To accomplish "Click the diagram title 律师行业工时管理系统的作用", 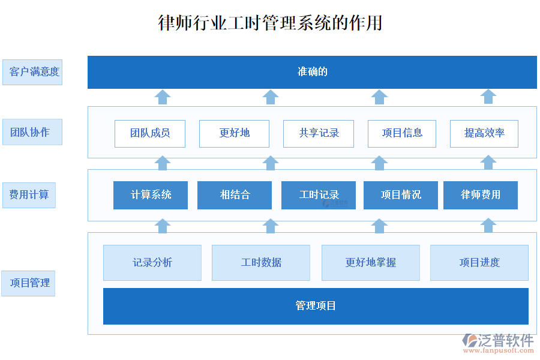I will coord(270,23).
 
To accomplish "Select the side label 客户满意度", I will coord(32,72).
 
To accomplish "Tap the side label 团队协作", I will coord(32,132).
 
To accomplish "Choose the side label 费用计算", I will coord(29,195).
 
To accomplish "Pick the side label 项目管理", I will coord(29,283).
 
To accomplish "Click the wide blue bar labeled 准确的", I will coord(312,72).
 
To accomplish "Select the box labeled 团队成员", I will coord(150,133).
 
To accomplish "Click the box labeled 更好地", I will coord(234,133).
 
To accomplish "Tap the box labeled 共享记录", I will coord(319,133).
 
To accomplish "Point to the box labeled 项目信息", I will coord(403,133).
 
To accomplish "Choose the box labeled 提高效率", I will coord(484,133).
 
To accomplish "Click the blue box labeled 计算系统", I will coord(151,195).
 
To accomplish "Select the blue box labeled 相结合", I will coord(235,195).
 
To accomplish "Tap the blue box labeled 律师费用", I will coord(481,195).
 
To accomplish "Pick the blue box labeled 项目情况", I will coord(401,195).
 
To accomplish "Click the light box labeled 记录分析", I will coord(152,262).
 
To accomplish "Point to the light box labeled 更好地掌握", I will coord(371,262).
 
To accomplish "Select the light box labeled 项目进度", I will coord(479,262).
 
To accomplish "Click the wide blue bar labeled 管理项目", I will coord(316,306).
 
